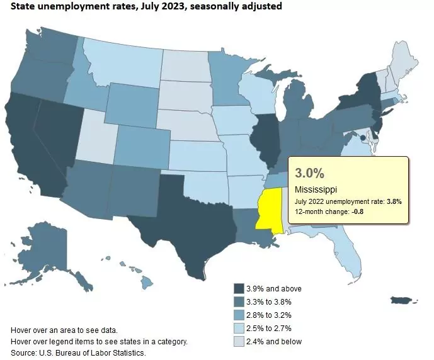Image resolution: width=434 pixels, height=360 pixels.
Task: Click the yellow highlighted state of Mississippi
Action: coord(268,211)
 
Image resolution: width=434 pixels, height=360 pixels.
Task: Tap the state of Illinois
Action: coord(265,138)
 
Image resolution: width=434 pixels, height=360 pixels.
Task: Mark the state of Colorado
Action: coord(142,145)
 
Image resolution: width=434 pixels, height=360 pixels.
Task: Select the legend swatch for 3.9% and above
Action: coord(239,288)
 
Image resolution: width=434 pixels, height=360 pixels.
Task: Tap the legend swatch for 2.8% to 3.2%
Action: coord(239,315)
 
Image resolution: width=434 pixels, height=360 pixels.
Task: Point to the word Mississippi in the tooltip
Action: coord(316,189)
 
